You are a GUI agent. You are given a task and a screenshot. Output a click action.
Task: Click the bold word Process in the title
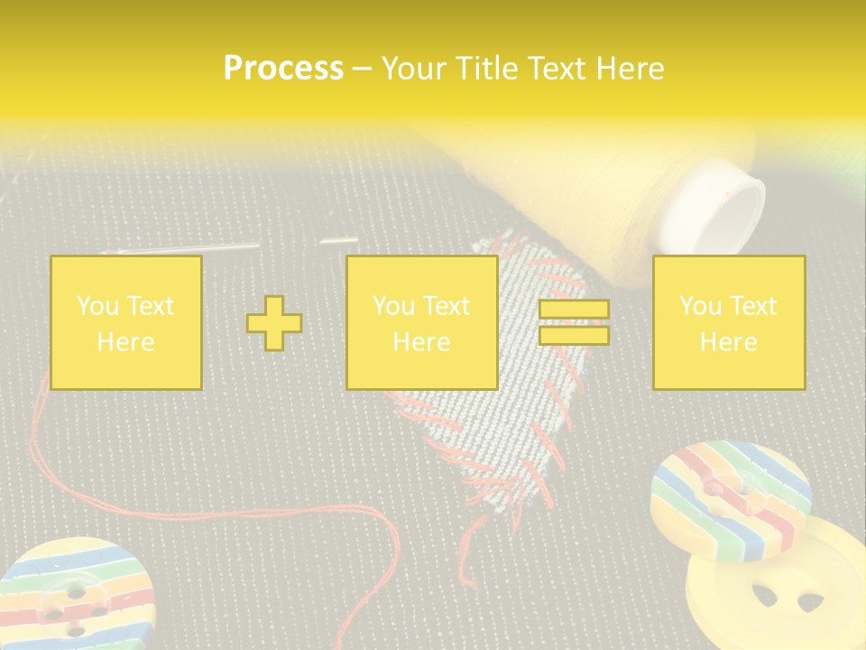click(283, 69)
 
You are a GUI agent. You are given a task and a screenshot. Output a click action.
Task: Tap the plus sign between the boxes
click(274, 322)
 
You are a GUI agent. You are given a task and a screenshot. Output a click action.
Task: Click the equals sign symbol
click(574, 322)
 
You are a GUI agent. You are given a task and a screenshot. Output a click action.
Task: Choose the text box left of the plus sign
click(126, 322)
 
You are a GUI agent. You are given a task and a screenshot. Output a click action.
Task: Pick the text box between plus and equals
click(421, 322)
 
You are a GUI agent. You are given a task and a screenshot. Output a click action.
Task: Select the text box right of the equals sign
click(728, 322)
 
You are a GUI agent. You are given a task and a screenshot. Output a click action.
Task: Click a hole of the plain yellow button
click(765, 596)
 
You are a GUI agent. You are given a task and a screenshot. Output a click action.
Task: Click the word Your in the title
click(413, 69)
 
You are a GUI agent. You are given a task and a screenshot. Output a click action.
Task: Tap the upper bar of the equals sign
click(574, 310)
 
